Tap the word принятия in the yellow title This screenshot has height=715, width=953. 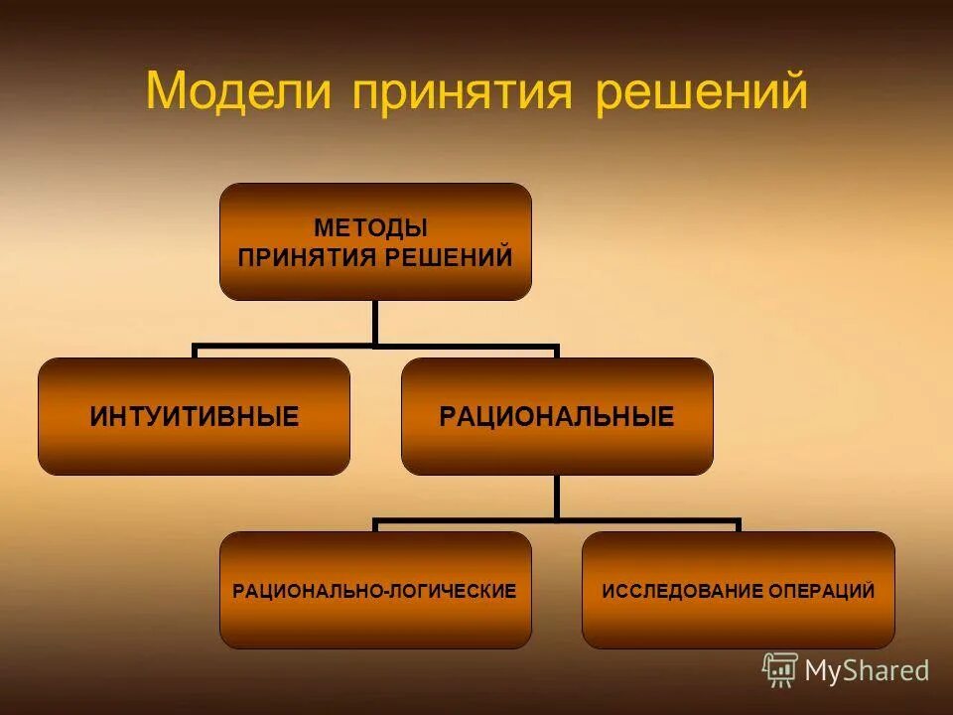click(x=462, y=94)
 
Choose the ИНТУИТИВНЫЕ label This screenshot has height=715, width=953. click(x=195, y=417)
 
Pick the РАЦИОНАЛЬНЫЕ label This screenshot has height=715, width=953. click(x=557, y=417)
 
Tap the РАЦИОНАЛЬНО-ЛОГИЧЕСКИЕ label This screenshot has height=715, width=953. click(x=374, y=592)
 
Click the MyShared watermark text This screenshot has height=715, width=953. click(x=867, y=671)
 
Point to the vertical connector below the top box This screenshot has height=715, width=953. click(x=375, y=323)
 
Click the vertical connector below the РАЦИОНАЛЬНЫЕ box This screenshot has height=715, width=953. click(x=557, y=497)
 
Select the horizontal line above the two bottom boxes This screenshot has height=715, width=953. click(x=557, y=520)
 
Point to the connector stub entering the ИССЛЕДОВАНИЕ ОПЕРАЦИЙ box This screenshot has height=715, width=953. click(x=738, y=526)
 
